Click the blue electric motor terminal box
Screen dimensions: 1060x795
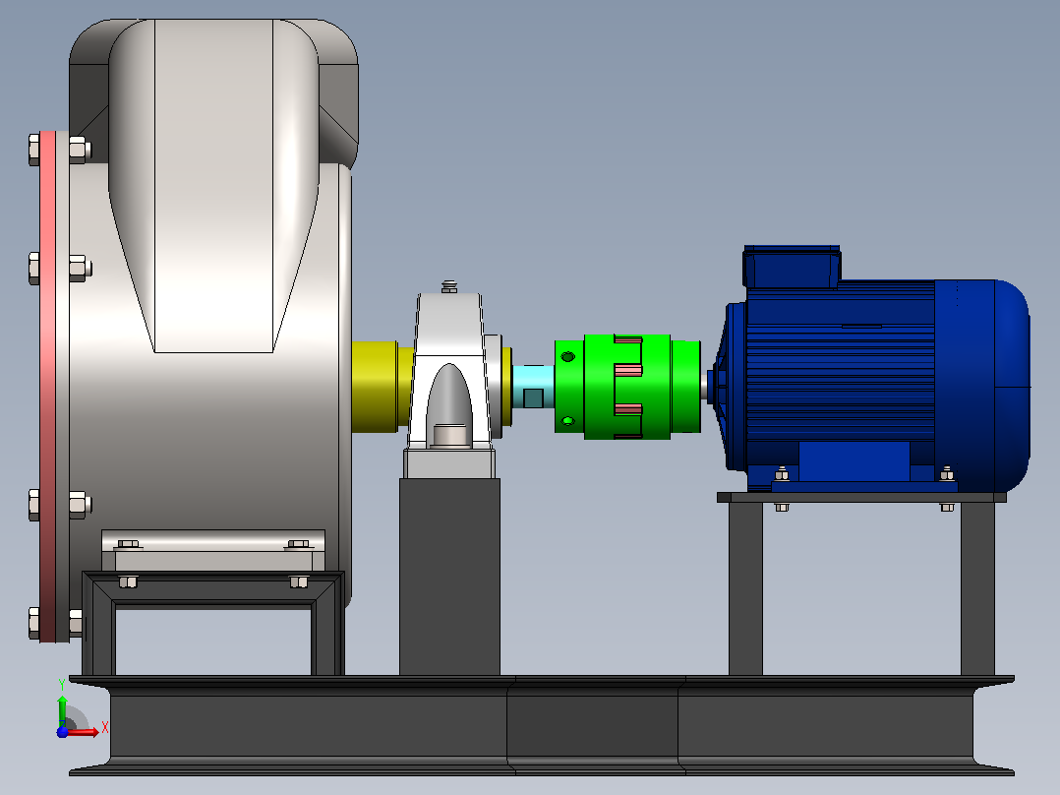tap(792, 267)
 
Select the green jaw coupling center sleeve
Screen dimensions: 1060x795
tap(627, 387)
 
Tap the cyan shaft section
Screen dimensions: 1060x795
tap(533, 387)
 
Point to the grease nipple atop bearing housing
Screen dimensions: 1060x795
tap(449, 287)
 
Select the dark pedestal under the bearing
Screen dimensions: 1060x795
tap(449, 577)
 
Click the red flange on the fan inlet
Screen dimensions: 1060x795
tap(47, 387)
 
